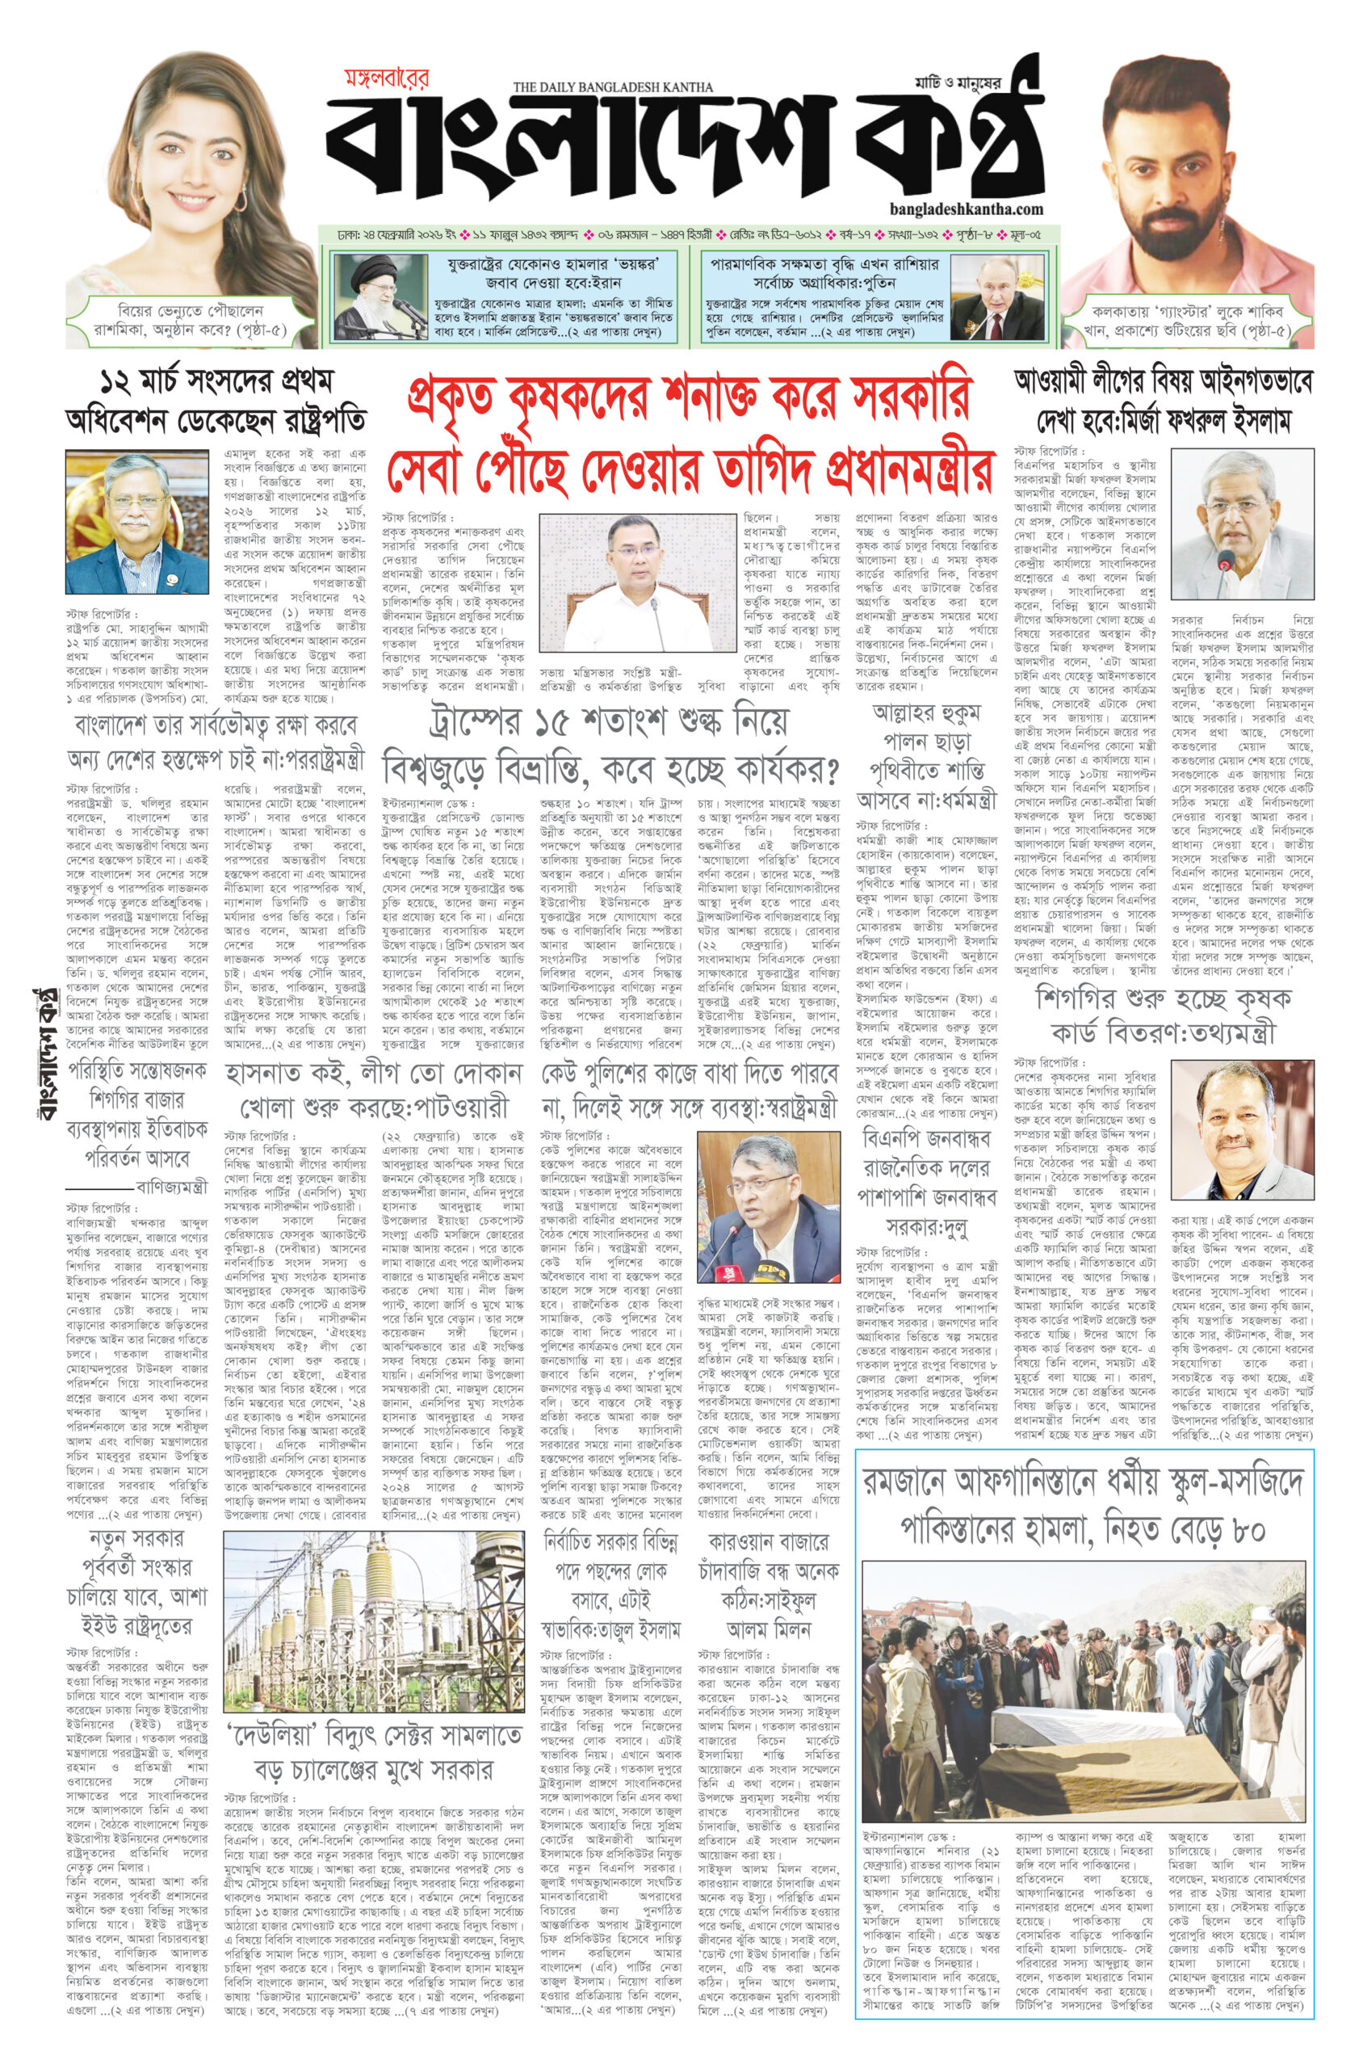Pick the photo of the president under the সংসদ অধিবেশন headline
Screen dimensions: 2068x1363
tap(136, 521)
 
